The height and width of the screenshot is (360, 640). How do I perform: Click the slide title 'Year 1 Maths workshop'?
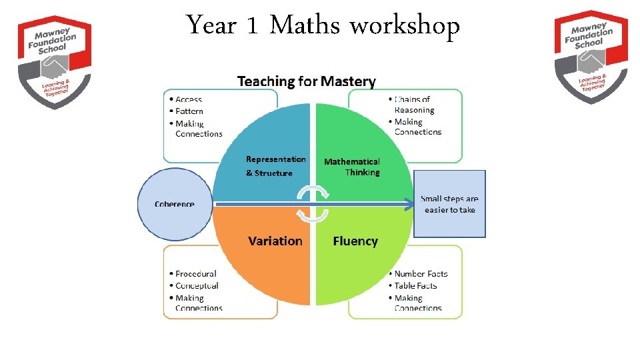coord(323,26)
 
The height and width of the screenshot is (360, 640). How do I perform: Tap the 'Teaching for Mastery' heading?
coord(307,81)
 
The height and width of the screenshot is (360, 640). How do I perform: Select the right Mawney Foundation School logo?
coord(591,56)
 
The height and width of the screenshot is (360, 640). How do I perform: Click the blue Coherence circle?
coord(175,204)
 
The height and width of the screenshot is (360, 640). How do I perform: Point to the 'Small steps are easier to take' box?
coord(450,204)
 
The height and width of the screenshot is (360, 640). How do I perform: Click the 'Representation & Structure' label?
coord(275,166)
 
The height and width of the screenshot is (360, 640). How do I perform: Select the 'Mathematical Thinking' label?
coord(352,167)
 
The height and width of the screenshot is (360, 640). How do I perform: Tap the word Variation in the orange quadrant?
coord(275,241)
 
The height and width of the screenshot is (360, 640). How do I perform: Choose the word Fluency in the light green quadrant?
coord(355,241)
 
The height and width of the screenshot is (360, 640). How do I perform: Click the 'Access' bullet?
coord(189,99)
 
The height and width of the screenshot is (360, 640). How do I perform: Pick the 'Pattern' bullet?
coord(189,111)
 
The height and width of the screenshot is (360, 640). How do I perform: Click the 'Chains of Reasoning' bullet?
coord(413,105)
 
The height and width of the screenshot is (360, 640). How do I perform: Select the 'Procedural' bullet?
coord(196,273)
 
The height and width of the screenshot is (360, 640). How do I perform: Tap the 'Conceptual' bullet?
coord(197,285)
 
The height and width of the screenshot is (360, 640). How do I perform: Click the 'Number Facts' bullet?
coord(421,273)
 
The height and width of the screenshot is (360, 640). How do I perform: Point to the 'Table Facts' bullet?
coord(415,285)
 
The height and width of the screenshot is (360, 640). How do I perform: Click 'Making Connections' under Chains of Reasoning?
coord(417,127)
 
